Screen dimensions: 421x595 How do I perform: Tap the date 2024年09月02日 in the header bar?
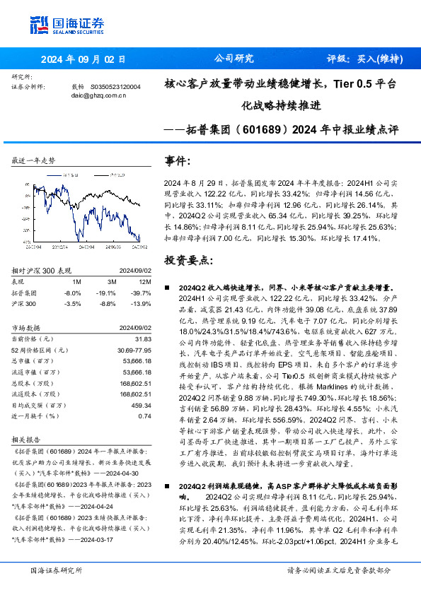coord(83,59)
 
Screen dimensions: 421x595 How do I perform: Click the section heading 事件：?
coord(177,160)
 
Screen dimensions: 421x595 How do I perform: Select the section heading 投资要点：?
coord(188,260)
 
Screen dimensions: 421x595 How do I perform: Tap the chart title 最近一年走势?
coord(33,161)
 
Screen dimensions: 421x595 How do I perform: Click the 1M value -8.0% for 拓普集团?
coord(72,292)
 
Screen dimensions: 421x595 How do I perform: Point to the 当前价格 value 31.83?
coord(142,339)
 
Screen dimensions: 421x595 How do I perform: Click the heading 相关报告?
coord(28,439)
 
